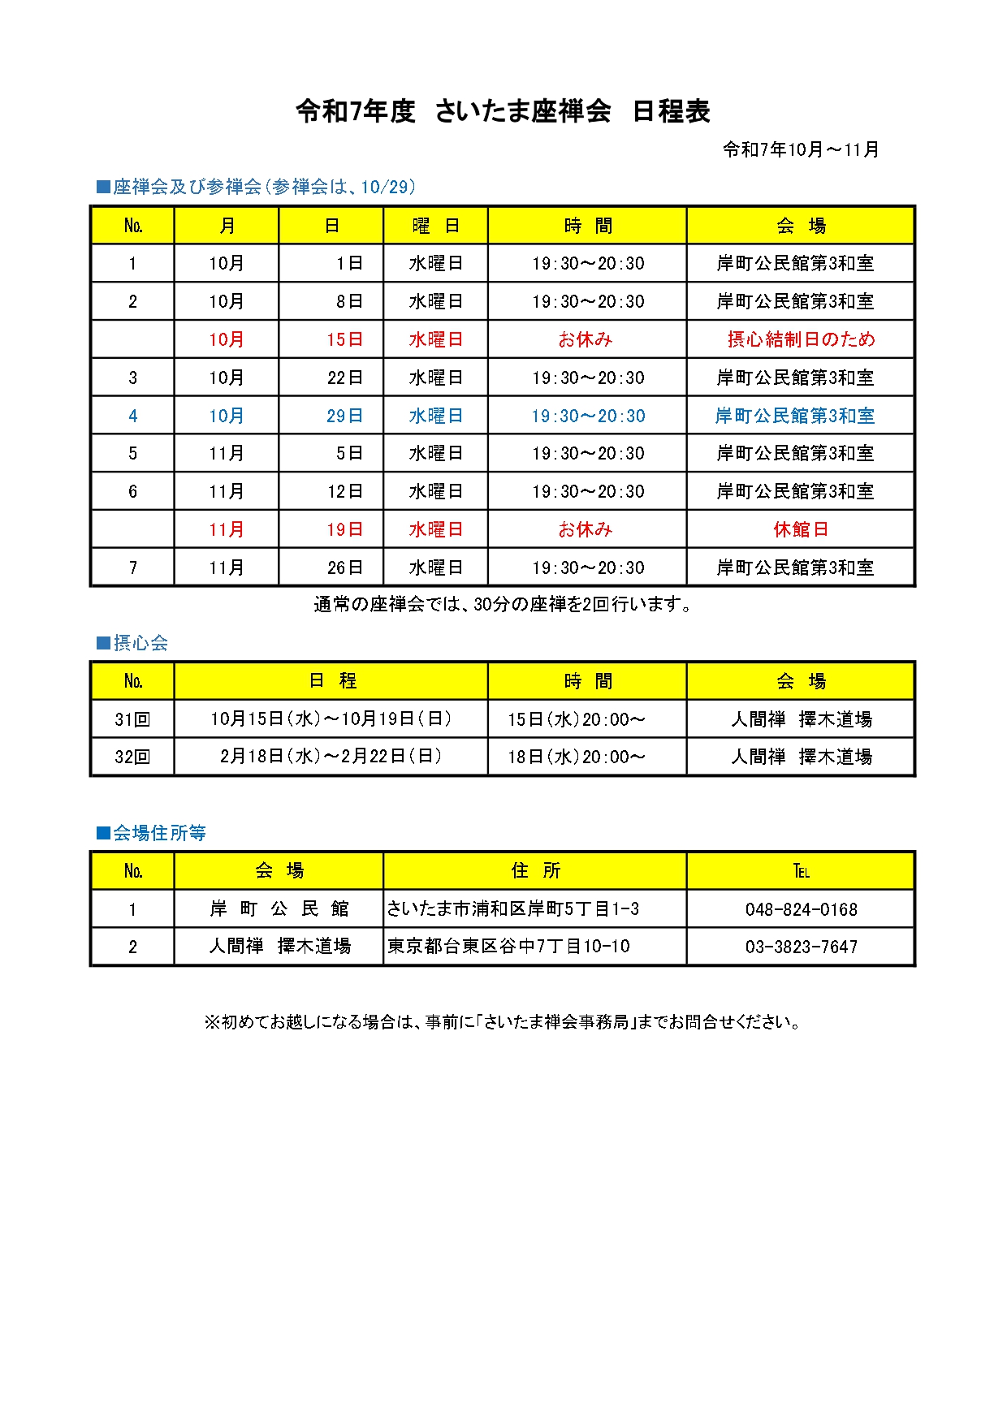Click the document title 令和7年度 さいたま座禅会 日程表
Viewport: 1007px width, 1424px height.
coord(503,111)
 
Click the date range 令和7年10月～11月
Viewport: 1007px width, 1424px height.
coord(801,149)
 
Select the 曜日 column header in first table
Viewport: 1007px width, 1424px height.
coord(435,226)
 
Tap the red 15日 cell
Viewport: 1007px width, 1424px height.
coord(344,339)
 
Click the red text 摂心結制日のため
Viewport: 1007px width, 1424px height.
coord(801,339)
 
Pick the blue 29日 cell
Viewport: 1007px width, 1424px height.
coord(344,416)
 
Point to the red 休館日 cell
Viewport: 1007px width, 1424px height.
coord(801,529)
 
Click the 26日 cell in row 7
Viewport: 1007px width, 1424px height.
coord(344,567)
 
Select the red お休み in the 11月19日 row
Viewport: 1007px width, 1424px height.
coord(586,529)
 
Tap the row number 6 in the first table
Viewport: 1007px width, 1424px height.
coord(133,491)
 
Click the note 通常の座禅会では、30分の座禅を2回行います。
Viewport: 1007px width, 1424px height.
coord(503,604)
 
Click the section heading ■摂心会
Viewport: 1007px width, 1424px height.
coord(132,643)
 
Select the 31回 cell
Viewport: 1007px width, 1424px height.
coord(133,719)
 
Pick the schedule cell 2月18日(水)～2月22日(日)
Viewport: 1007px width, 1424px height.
coord(331,757)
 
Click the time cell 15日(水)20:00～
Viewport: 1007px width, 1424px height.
coord(577,719)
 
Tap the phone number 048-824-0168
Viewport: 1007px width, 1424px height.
coord(801,909)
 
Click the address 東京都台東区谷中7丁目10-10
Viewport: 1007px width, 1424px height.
coord(508,947)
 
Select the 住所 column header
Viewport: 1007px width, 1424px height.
coord(535,871)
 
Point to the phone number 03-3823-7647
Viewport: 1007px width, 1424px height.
coord(801,947)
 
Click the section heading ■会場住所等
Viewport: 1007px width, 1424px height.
coord(151,833)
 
